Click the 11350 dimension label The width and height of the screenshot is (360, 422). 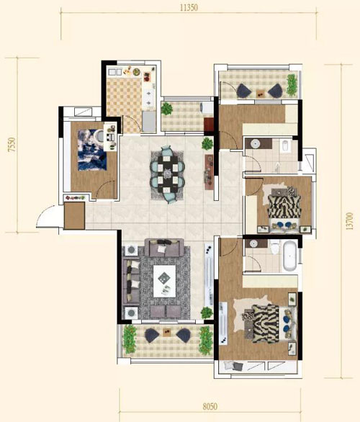click(189, 7)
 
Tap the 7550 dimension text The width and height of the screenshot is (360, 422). click(12, 145)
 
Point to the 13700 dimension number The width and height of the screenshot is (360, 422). click(349, 221)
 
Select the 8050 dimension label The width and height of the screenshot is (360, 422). click(210, 406)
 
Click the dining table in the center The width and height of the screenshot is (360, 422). click(168, 174)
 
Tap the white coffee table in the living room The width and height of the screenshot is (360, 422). click(164, 281)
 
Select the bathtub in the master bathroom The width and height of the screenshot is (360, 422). click(289, 256)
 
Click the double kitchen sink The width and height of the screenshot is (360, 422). click(115, 72)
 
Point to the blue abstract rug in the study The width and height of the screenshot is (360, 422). click(91, 151)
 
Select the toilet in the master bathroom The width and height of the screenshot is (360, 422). click(275, 247)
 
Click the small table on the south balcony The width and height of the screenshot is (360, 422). click(167, 332)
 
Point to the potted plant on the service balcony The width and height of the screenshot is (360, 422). click(167, 109)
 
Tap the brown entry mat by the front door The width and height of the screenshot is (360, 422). click(75, 215)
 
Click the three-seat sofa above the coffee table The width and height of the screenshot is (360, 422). click(165, 248)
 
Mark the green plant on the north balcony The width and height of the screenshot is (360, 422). click(292, 85)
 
